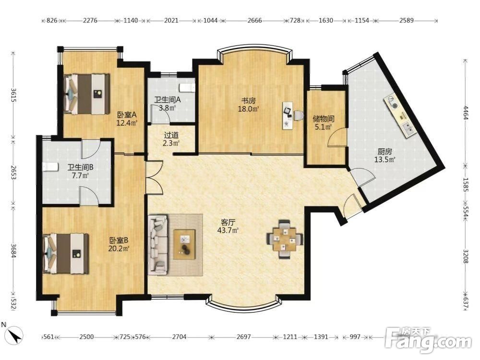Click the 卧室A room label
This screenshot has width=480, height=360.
click(126, 115)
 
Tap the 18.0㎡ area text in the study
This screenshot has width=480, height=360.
click(249, 108)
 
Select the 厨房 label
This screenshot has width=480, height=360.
click(384, 152)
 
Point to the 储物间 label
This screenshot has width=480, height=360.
click(324, 119)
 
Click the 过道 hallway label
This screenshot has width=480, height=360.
click(171, 135)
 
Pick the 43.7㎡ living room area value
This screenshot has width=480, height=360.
click(228, 230)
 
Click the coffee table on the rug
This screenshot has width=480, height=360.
click(184, 244)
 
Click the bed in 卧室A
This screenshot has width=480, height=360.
click(87, 94)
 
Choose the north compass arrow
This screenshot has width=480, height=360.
click(15, 335)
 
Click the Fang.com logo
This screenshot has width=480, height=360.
click(428, 340)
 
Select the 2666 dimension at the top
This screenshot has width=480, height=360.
click(254, 21)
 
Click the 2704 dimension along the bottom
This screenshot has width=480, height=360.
click(179, 337)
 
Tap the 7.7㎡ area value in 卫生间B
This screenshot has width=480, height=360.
click(80, 176)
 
